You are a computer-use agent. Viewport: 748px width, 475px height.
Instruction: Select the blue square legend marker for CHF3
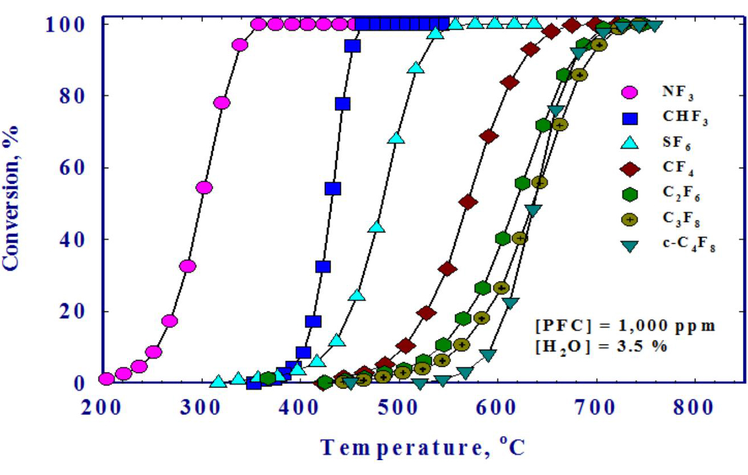click(630, 117)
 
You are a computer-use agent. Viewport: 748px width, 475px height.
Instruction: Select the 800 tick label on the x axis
click(695, 408)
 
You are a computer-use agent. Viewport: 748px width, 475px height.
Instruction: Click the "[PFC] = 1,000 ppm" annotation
click(626, 326)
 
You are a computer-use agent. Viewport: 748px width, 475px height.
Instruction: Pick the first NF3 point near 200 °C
click(106, 378)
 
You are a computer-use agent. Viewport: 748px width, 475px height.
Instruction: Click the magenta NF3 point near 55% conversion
click(204, 188)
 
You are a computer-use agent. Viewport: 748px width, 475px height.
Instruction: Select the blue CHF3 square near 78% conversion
click(343, 104)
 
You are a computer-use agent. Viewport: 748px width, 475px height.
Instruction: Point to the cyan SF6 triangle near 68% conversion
click(396, 138)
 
